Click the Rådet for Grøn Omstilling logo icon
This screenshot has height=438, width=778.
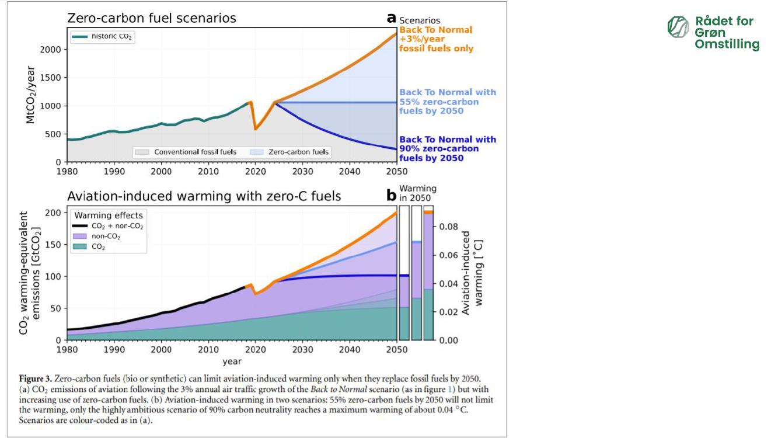click(678, 27)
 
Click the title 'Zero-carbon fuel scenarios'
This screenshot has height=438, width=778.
click(152, 18)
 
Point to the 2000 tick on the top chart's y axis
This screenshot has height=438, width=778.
click(53, 49)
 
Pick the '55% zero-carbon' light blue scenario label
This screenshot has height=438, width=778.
click(447, 102)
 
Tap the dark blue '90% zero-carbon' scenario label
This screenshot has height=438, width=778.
click(447, 148)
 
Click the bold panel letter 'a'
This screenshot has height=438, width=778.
click(392, 18)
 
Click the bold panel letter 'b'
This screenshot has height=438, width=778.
click(392, 196)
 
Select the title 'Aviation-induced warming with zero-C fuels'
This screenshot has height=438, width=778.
click(204, 196)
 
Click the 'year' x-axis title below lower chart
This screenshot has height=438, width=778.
click(232, 362)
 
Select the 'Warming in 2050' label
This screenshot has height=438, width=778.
click(418, 193)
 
